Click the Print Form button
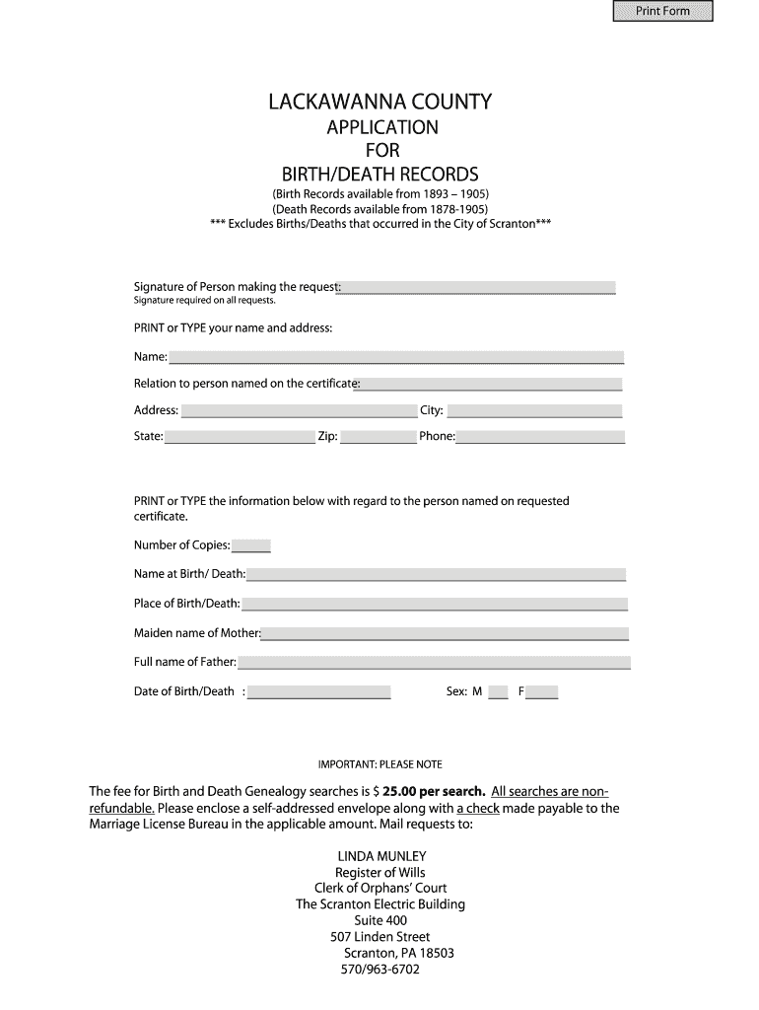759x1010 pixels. point(662,11)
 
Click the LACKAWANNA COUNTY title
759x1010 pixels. point(380,102)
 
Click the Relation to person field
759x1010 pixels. point(491,384)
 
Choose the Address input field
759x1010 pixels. point(299,410)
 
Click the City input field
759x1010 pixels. point(534,410)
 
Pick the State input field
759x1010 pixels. point(240,436)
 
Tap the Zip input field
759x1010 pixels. point(379,436)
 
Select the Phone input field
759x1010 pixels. point(540,436)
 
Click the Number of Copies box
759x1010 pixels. point(251,545)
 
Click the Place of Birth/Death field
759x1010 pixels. point(434,604)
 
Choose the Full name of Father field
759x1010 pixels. point(433,662)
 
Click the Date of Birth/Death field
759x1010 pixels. point(319,691)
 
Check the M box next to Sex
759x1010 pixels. point(498,691)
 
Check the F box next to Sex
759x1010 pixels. point(542,691)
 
